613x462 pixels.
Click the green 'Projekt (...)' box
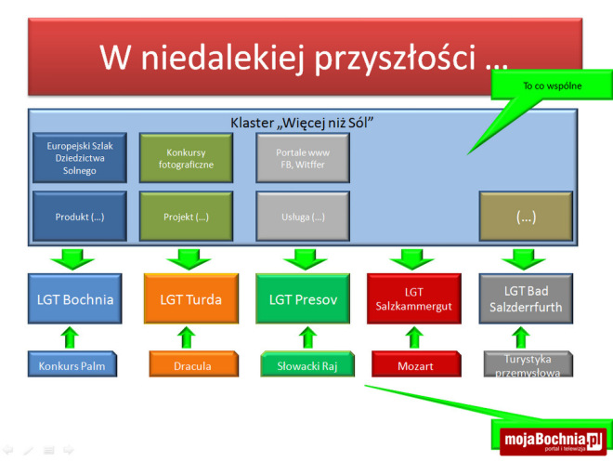[186, 217]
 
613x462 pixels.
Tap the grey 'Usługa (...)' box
[303, 217]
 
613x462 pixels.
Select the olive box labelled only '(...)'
[525, 217]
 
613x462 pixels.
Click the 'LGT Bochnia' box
[73, 298]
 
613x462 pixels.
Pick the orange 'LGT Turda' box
[187, 298]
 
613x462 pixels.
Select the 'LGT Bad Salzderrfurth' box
[526, 298]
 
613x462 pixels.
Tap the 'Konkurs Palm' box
[73, 365]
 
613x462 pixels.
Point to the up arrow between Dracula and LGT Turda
[187, 337]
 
